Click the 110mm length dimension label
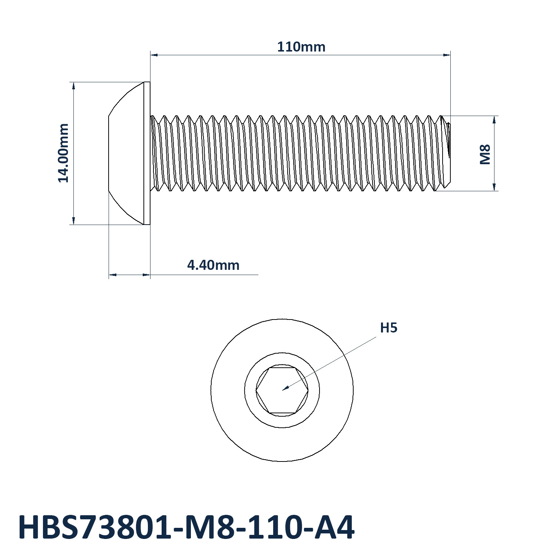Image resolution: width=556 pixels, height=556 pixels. coord(301,47)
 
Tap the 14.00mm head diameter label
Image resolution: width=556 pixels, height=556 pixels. coord(63,153)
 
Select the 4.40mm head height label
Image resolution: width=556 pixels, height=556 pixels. coord(213,265)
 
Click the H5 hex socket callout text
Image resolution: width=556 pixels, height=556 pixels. coord(389,328)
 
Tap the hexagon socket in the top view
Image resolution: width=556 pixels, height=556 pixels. coord(282,390)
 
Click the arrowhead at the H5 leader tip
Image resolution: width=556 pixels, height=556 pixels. coord(285,388)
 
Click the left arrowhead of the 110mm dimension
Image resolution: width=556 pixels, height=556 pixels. coord(154,55)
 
